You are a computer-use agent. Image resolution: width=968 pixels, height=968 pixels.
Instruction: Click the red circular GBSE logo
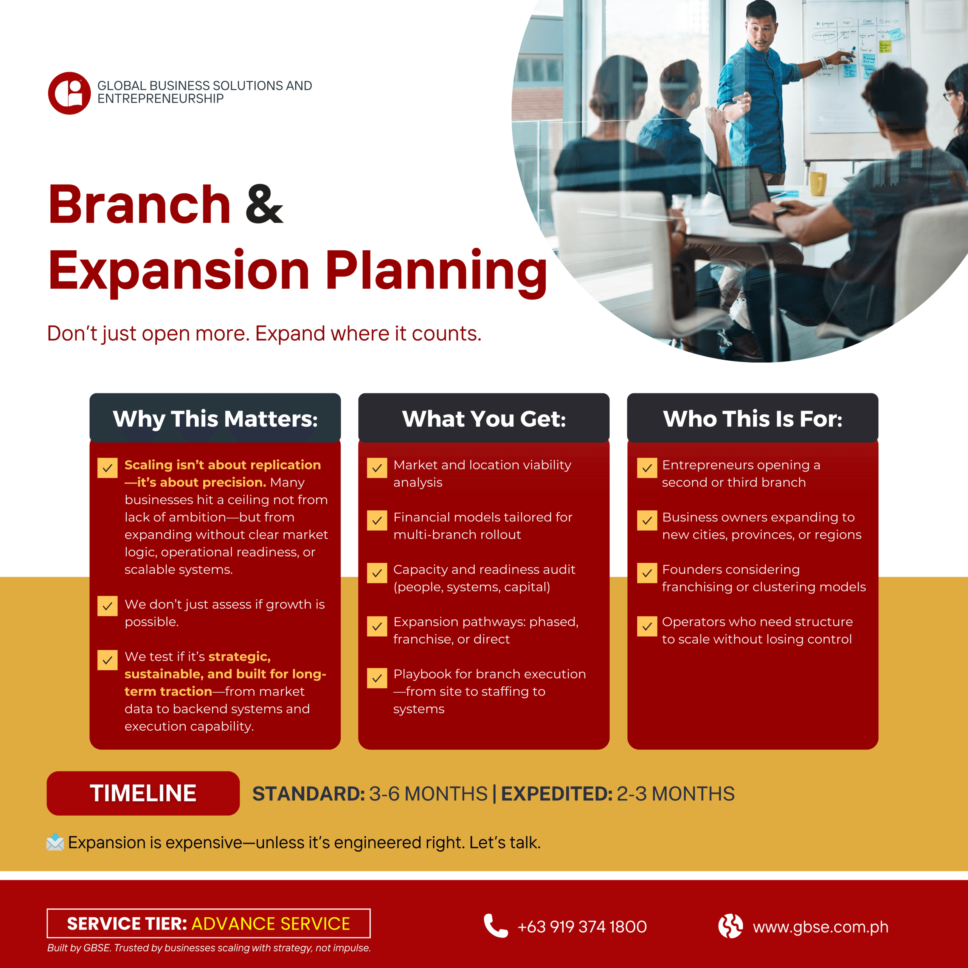click(x=69, y=93)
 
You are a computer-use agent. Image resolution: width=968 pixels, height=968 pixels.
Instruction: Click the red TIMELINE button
click(x=143, y=793)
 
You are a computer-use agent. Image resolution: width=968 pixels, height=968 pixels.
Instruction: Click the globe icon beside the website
click(x=731, y=926)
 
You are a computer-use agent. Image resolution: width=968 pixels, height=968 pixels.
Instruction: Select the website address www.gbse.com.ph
click(x=821, y=927)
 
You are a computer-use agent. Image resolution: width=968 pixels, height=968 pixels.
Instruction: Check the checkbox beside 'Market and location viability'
click(x=377, y=468)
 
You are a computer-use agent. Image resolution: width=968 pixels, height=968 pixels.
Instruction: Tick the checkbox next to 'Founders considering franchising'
click(x=647, y=573)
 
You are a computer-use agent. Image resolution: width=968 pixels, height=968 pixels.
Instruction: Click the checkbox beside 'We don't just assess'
click(x=107, y=606)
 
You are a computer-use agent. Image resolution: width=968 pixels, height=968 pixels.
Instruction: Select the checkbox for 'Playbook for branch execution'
click(x=377, y=678)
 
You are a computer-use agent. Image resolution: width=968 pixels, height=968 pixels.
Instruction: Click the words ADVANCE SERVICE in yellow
click(x=271, y=923)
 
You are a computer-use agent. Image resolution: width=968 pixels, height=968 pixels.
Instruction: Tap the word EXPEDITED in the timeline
click(x=557, y=794)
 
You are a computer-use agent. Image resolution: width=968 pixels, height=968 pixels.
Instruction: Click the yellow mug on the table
click(x=818, y=183)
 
